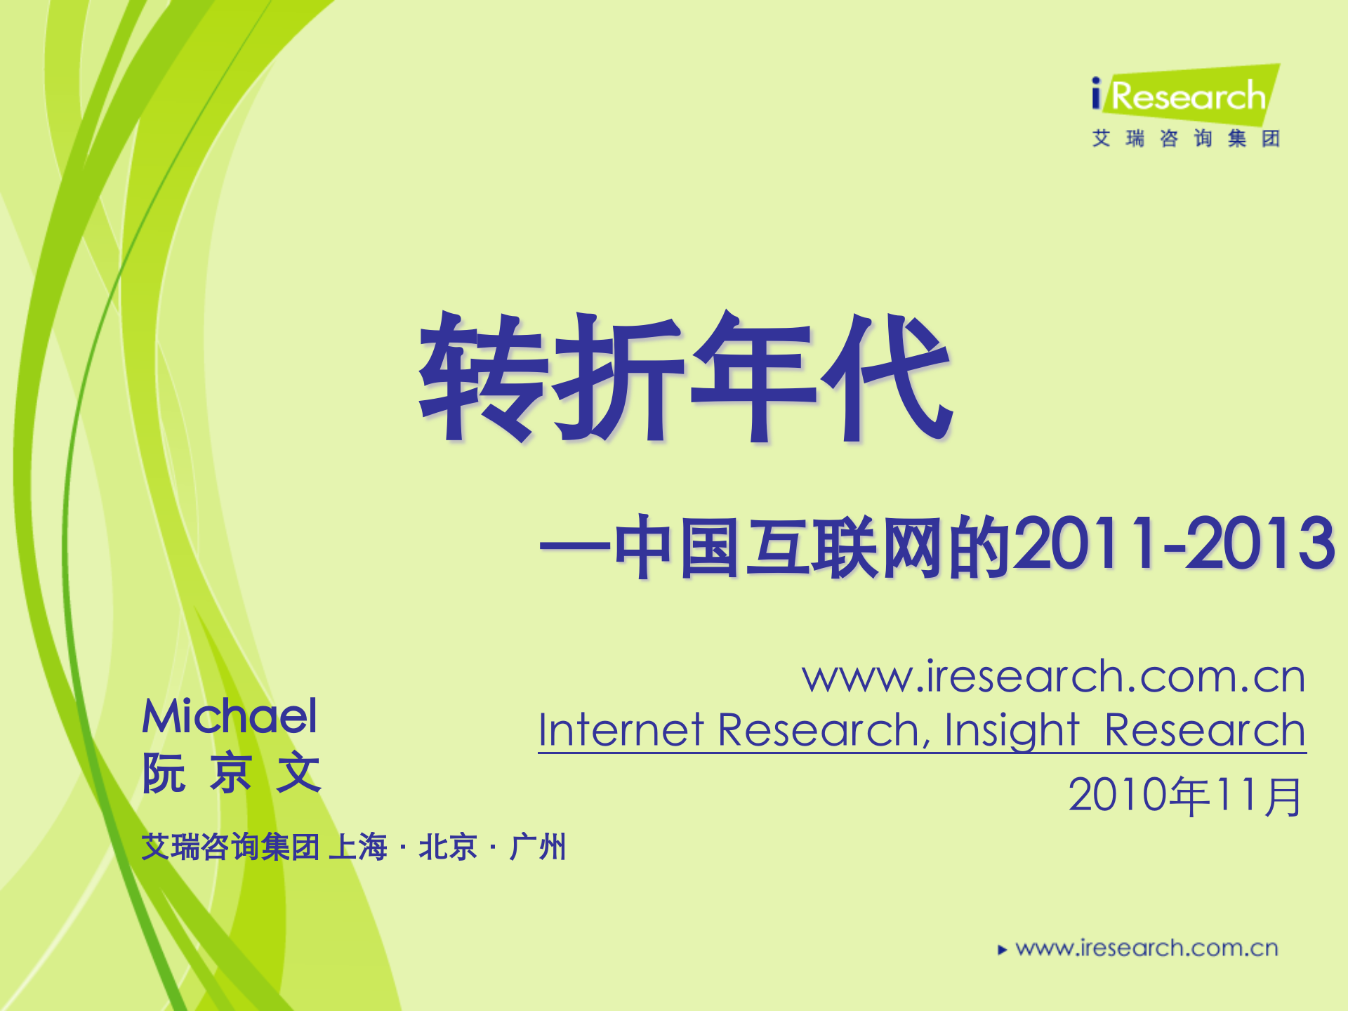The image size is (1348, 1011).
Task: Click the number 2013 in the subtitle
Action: pos(1260,543)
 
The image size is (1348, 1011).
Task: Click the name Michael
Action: pos(230,716)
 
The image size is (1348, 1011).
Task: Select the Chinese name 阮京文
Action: pos(232,773)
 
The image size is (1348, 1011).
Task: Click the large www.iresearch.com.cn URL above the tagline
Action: pos(1053,677)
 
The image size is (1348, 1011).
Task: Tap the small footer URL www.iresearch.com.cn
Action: pos(1147,949)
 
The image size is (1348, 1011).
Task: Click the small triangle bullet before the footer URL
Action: pos(1002,950)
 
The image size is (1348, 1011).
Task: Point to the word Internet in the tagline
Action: pos(621,730)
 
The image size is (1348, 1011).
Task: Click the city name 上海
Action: pos(358,847)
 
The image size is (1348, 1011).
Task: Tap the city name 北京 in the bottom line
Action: pos(447,847)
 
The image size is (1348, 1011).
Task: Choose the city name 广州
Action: pos(538,847)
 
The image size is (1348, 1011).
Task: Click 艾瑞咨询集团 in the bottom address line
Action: pos(230,847)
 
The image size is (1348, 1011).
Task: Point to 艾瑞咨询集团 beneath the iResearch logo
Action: pos(1186,138)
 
